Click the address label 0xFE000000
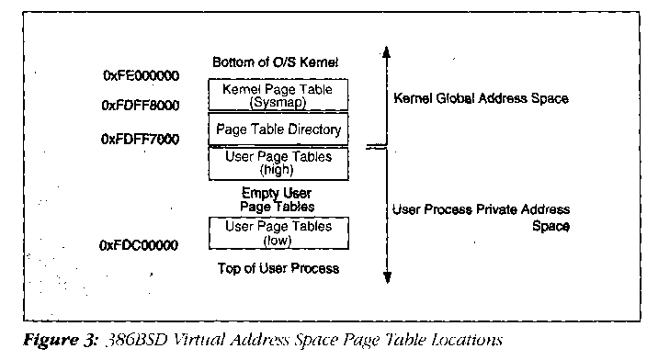(x=142, y=76)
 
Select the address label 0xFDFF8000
(x=141, y=106)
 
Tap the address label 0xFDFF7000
(x=140, y=139)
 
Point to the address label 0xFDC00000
(x=139, y=245)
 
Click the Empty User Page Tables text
(x=277, y=199)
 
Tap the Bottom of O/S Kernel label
(x=275, y=62)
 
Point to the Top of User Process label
(x=278, y=268)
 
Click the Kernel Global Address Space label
(x=482, y=98)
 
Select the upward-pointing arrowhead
(x=386, y=51)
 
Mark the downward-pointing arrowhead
(x=387, y=277)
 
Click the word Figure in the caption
(x=52, y=340)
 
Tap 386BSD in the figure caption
(x=137, y=340)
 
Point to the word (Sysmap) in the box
(x=278, y=102)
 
